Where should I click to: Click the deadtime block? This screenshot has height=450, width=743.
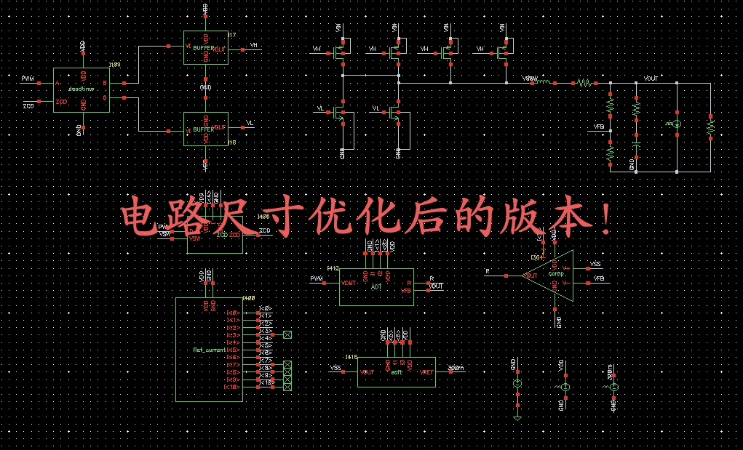(82, 90)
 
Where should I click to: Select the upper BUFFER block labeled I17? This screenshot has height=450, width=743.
(205, 47)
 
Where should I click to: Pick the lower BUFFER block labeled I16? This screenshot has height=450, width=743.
(205, 129)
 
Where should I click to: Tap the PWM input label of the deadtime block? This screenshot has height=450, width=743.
(27, 78)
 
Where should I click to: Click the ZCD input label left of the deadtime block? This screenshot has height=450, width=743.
(28, 106)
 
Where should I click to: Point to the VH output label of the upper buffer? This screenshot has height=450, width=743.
(254, 45)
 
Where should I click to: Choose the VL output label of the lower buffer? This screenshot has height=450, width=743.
(250, 123)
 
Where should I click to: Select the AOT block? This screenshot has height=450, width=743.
(376, 286)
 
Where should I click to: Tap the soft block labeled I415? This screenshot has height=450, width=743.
(397, 371)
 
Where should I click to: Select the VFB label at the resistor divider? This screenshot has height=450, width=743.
(599, 126)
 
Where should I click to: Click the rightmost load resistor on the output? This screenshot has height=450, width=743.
(710, 126)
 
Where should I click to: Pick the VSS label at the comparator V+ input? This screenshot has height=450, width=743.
(595, 264)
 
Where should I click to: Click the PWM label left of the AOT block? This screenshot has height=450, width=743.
(317, 278)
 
